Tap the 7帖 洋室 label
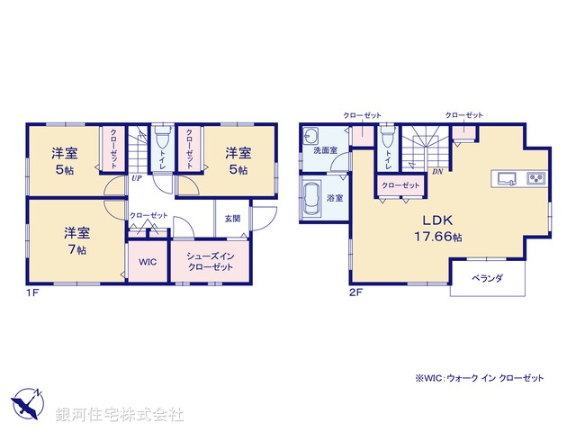[x=76, y=240]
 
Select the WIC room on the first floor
[x=147, y=263]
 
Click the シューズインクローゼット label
[x=210, y=263]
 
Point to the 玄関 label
[x=232, y=219]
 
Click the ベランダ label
[x=487, y=278]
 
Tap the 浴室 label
[x=334, y=196]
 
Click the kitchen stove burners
[x=535, y=176]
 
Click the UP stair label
[x=135, y=178]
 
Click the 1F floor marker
[x=31, y=293]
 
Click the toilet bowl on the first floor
[x=161, y=140]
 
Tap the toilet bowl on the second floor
[x=387, y=139]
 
